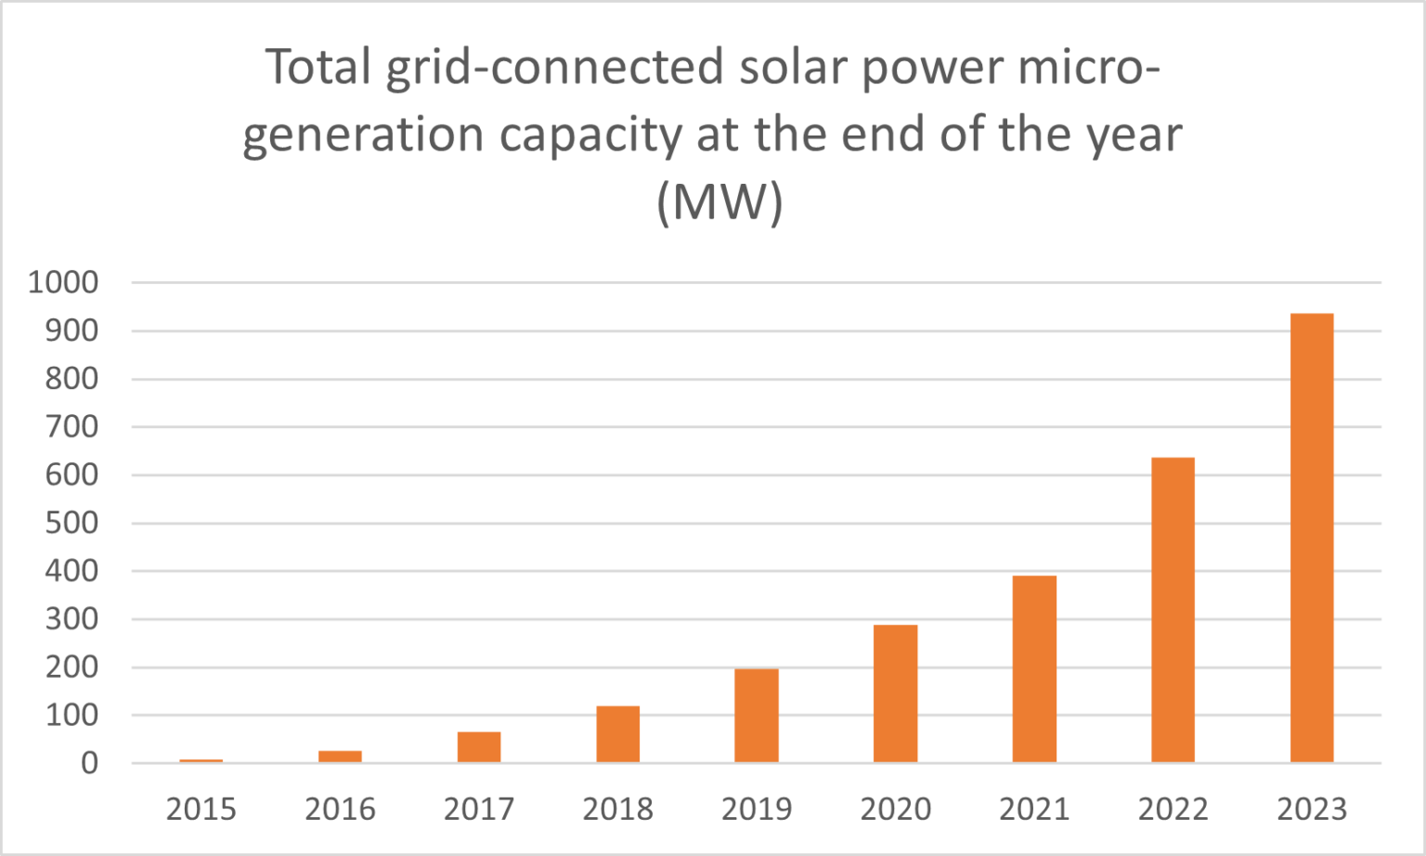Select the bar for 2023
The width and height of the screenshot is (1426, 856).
(x=1312, y=538)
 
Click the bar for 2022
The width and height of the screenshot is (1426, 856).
(x=1173, y=610)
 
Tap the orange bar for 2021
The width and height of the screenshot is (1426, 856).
(x=1034, y=669)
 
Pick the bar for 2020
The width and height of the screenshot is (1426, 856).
(x=895, y=694)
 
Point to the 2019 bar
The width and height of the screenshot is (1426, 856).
(x=757, y=716)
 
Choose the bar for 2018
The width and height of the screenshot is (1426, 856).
(x=617, y=734)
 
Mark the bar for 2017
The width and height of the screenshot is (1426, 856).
(x=479, y=747)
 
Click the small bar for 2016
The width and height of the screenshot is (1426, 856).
(x=340, y=757)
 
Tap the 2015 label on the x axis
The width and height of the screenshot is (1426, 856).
(x=201, y=810)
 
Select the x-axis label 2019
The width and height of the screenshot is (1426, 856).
(x=757, y=810)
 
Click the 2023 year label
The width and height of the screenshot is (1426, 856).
(x=1312, y=810)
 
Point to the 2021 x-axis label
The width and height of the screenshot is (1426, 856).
(x=1034, y=810)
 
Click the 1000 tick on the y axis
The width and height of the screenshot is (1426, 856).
(x=63, y=282)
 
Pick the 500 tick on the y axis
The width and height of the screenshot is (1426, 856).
(x=71, y=523)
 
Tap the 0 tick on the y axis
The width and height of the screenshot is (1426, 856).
(x=89, y=763)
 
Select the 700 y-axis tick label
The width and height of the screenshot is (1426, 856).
(x=71, y=427)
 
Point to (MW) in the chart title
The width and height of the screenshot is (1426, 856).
(x=719, y=201)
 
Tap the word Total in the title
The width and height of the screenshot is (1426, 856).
(x=318, y=68)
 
